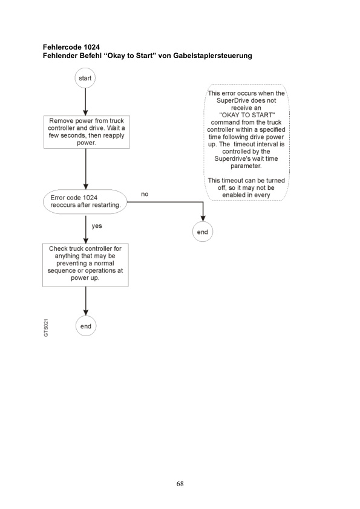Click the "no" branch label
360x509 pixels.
tap(145, 195)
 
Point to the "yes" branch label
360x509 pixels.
tap(96, 225)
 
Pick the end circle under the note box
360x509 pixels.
tap(203, 232)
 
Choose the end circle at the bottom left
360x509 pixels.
tap(86, 326)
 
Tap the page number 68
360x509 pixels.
tap(180, 484)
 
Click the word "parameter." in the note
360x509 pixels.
tap(246, 166)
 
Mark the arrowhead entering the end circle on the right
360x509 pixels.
tap(203, 219)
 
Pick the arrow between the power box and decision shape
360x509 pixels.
tap(86, 170)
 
